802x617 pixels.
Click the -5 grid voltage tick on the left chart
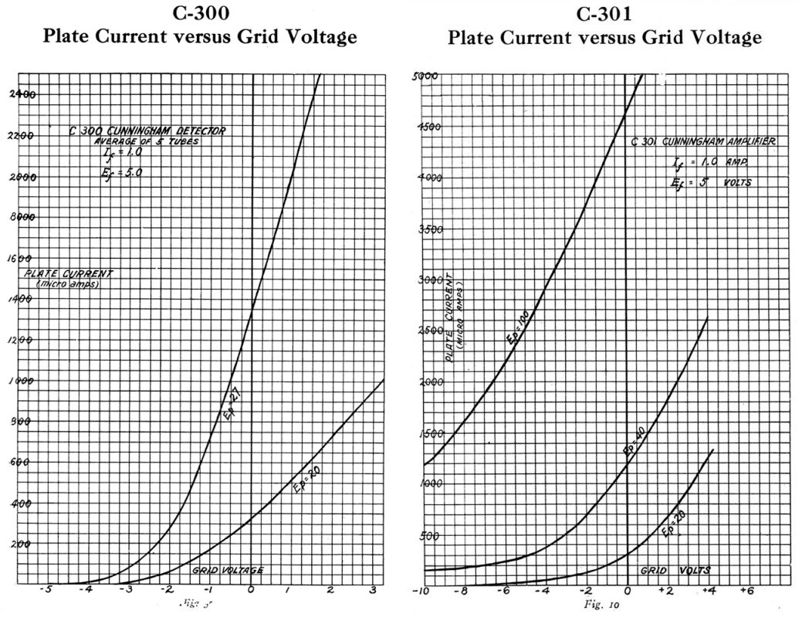coord(47,591)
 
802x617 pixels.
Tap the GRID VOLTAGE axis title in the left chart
coord(227,570)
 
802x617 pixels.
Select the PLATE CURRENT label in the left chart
coord(69,275)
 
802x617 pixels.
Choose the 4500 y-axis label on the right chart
coord(428,127)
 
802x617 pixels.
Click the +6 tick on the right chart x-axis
coord(746,591)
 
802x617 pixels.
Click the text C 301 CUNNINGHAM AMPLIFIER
coord(702,142)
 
